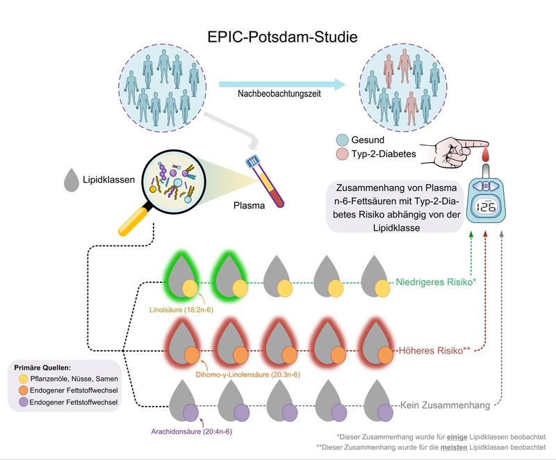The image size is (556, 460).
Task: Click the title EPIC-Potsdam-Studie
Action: [282, 37]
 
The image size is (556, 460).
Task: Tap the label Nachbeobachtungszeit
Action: [279, 94]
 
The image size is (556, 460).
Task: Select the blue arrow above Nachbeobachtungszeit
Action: [282, 84]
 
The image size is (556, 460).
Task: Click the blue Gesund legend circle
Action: [342, 140]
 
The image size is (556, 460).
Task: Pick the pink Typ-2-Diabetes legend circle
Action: [342, 154]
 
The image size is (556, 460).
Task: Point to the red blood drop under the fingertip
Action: [485, 154]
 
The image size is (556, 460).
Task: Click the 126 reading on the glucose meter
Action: [486, 206]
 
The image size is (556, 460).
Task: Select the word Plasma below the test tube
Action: [249, 206]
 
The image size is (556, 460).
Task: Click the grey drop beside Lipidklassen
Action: [71, 180]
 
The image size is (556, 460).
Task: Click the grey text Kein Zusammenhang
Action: [445, 405]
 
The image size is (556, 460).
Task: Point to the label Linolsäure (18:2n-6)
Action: [181, 310]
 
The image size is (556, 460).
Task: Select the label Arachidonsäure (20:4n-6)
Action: [192, 432]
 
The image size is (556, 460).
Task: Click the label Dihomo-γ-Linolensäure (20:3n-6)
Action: [248, 375]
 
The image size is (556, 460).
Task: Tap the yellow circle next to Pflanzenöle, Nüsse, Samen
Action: [23, 379]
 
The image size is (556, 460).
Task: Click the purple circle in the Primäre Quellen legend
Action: [23, 402]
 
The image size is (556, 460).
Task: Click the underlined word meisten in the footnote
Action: [454, 447]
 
